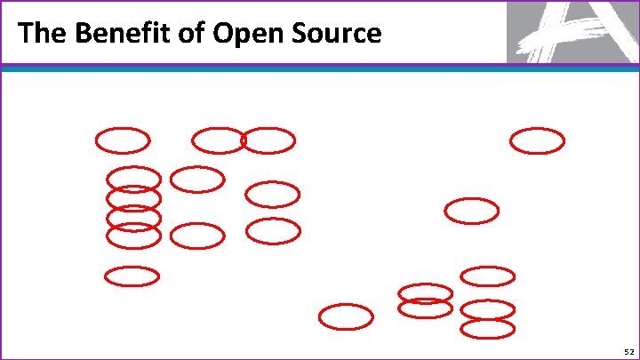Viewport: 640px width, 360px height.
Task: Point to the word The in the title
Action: click(x=40, y=34)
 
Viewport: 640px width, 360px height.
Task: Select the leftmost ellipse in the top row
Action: click(x=123, y=140)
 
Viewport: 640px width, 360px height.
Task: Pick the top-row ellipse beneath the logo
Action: click(x=537, y=140)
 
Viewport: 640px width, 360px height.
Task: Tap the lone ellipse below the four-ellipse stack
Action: click(x=132, y=276)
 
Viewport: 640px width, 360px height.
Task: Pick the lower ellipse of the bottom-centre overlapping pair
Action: click(x=425, y=309)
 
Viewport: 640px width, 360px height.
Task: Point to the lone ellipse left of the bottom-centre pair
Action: click(x=346, y=316)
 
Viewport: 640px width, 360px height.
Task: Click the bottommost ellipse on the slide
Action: click(x=487, y=329)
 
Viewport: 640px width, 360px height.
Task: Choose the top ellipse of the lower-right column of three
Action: click(x=487, y=276)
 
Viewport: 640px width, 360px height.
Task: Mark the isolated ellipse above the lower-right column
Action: click(x=471, y=211)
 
